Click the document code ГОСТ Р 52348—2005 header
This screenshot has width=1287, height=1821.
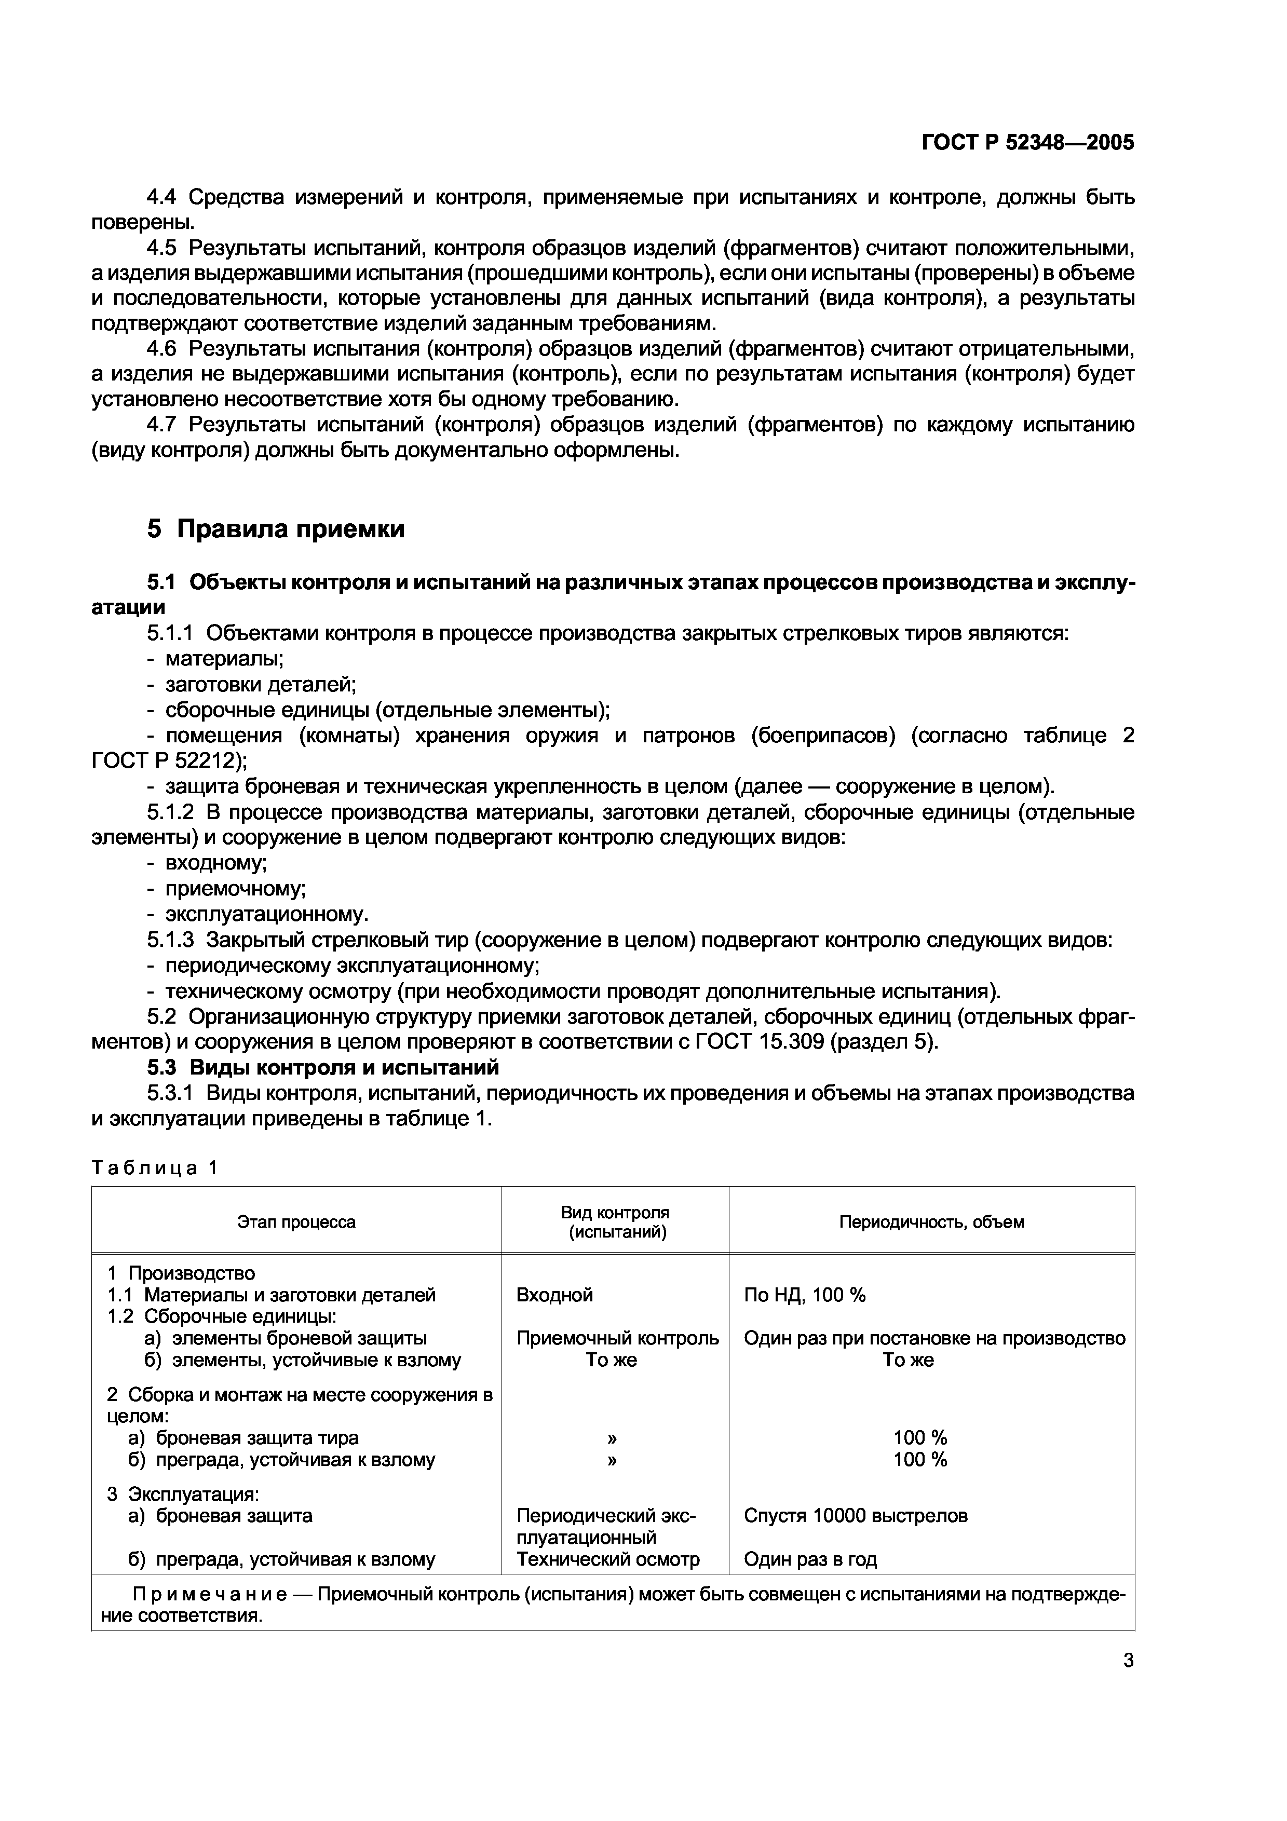point(1028,143)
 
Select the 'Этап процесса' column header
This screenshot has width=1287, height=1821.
point(296,1221)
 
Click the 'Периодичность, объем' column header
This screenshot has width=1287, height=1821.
point(931,1221)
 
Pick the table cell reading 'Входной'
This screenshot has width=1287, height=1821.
point(554,1295)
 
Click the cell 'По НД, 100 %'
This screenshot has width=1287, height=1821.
point(804,1295)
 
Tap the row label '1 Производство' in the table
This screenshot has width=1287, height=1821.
point(181,1273)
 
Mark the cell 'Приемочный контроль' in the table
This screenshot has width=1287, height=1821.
point(617,1339)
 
